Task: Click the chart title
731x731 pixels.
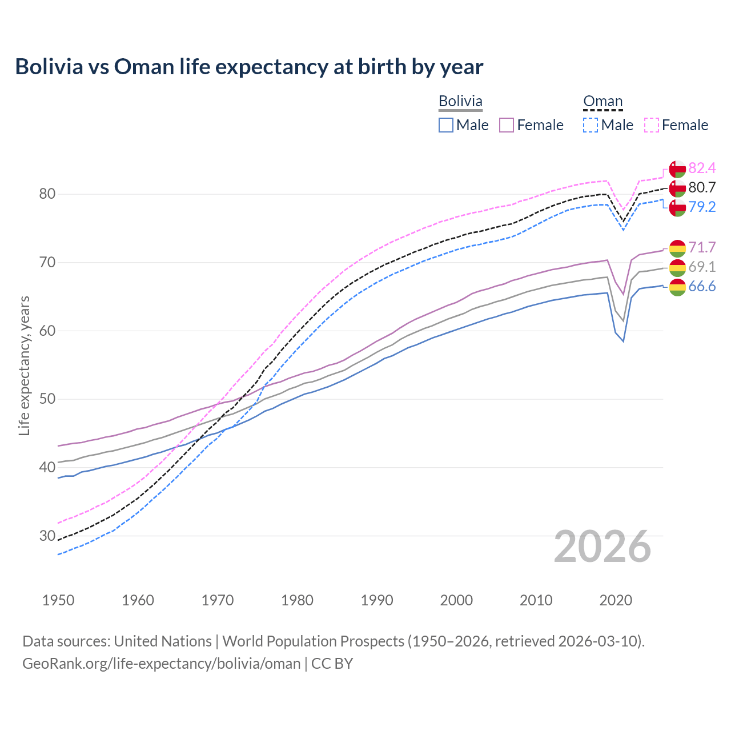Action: tap(249, 67)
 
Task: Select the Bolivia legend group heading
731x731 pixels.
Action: tap(460, 101)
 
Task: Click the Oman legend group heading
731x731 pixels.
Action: tap(603, 101)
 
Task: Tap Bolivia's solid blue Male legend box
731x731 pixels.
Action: tap(446, 125)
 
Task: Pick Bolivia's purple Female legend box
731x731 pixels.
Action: tap(507, 125)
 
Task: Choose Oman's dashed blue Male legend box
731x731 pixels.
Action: tap(591, 125)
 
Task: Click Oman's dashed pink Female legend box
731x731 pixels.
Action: tap(652, 125)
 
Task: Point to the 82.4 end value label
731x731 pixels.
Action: tap(702, 168)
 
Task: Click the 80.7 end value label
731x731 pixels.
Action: tap(702, 187)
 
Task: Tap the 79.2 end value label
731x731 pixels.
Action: tap(702, 207)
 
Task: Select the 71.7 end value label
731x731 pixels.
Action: tap(702, 247)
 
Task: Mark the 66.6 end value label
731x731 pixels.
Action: tap(702, 286)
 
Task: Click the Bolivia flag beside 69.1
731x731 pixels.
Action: tap(677, 267)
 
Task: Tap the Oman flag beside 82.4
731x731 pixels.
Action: tap(677, 169)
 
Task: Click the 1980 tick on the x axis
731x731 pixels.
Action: tap(298, 600)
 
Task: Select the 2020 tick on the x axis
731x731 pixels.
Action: tap(616, 600)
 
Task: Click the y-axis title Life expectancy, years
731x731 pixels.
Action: tap(24, 365)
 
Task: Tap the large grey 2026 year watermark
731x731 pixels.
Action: tap(602, 547)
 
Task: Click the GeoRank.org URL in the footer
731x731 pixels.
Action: tap(161, 663)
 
